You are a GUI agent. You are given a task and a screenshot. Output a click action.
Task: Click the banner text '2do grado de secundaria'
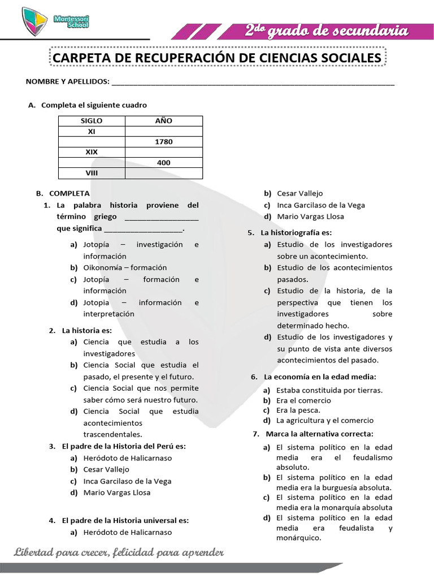[x=326, y=31]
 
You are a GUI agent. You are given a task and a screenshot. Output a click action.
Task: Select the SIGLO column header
[x=92, y=121]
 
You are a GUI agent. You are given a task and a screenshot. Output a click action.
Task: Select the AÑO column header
[x=163, y=121]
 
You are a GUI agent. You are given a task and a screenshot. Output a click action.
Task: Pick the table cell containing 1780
[x=163, y=142]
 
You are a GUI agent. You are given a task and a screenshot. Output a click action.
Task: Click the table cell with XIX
[x=92, y=152]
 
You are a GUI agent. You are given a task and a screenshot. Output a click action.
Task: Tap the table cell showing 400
[x=163, y=163]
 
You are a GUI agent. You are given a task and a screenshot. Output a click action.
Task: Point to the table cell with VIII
[x=92, y=173]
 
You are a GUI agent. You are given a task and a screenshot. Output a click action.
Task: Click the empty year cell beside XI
[x=163, y=131]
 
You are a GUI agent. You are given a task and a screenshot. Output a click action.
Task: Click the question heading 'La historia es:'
[x=87, y=330]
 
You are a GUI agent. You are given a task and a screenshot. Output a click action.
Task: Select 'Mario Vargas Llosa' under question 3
[x=117, y=492]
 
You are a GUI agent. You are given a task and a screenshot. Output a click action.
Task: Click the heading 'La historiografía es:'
[x=296, y=233]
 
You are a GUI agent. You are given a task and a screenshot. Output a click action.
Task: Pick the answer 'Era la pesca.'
[x=298, y=411]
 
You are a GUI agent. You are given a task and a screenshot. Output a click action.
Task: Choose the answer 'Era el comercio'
[x=303, y=400]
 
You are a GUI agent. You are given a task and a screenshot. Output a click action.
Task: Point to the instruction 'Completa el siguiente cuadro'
[x=94, y=105]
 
